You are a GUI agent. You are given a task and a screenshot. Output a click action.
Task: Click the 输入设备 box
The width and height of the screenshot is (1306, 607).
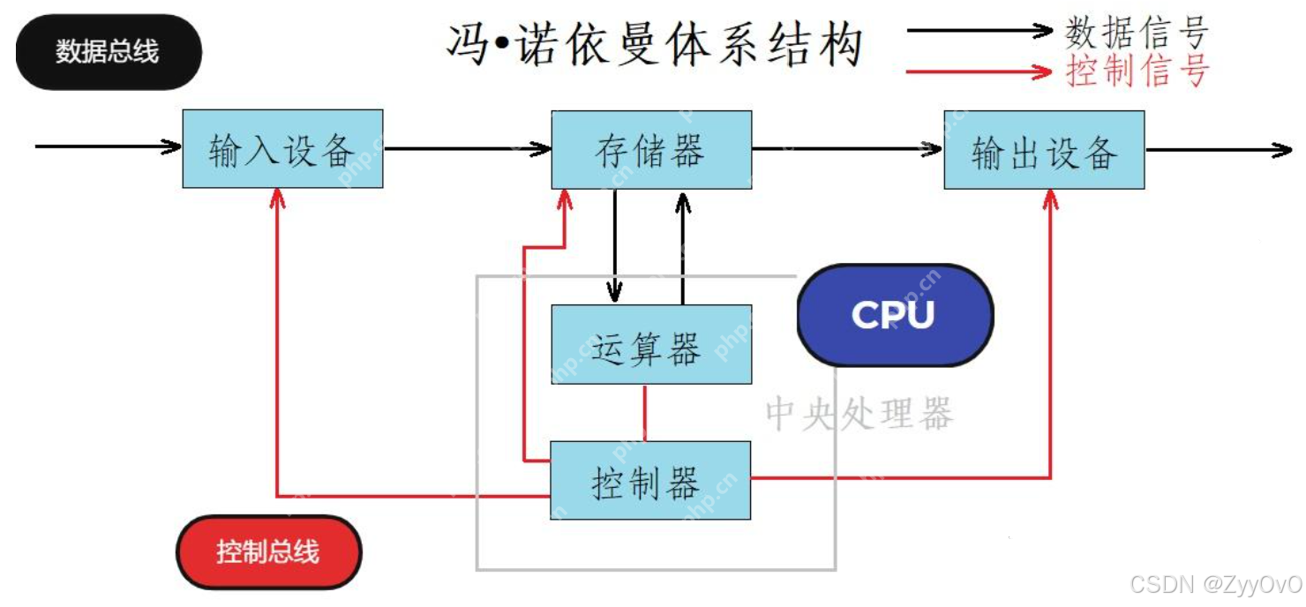[x=282, y=149]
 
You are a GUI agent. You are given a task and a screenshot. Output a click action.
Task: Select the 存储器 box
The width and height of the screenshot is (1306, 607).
[x=651, y=150]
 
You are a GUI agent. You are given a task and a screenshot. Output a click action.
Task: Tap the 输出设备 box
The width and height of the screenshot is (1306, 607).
[x=1044, y=150]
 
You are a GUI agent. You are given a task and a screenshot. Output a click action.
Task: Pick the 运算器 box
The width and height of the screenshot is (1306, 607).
[x=651, y=345]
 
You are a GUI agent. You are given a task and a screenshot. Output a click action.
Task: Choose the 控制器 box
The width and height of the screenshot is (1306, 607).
[x=650, y=481]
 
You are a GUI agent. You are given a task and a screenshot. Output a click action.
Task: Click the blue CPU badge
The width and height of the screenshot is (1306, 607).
[x=895, y=315]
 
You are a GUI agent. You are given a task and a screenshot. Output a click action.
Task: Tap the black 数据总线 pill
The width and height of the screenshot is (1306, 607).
[x=108, y=51]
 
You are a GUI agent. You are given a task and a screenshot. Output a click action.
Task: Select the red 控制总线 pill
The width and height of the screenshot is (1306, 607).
[x=268, y=552]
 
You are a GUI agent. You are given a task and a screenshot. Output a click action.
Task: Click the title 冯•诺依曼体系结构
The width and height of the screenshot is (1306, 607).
[x=654, y=44]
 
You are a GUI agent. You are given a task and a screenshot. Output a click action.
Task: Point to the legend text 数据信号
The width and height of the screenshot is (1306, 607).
[x=1137, y=33]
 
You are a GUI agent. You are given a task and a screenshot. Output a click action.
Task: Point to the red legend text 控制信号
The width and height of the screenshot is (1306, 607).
[x=1137, y=71]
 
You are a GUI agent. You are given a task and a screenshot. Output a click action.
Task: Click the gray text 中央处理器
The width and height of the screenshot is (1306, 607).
[x=859, y=414]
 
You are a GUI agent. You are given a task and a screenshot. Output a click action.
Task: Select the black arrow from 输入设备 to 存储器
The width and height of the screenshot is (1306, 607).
[x=468, y=148]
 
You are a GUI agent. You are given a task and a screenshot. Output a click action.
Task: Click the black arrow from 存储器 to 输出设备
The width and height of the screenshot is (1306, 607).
[x=847, y=149]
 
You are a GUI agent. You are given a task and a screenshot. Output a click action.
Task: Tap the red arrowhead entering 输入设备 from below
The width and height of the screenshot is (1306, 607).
[x=278, y=198]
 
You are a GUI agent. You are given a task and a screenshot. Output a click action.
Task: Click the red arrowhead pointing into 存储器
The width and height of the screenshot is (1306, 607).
[x=565, y=199]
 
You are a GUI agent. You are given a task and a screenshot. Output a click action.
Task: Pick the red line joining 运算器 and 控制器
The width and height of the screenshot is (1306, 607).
[x=645, y=413]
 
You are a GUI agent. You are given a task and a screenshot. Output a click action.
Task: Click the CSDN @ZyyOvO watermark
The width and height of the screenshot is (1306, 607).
[x=1215, y=585]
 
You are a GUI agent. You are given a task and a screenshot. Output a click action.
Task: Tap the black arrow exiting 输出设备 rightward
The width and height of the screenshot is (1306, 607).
[x=1218, y=150]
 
